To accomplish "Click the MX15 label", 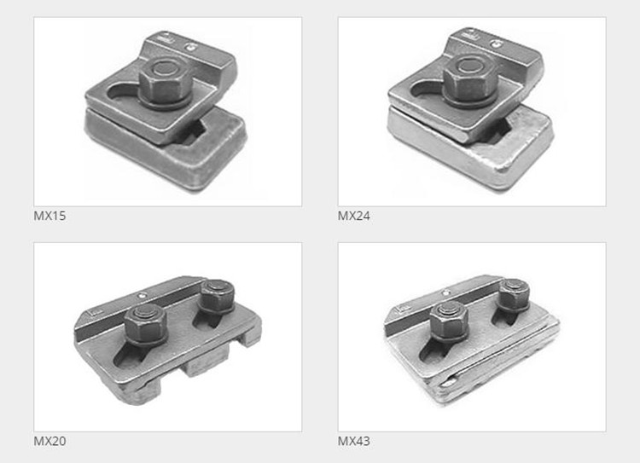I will click(49, 216).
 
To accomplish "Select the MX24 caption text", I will click(354, 216).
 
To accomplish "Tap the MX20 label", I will click(49, 441).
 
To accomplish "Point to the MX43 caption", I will click(354, 441).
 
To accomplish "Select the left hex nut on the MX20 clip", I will click(143, 321).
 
